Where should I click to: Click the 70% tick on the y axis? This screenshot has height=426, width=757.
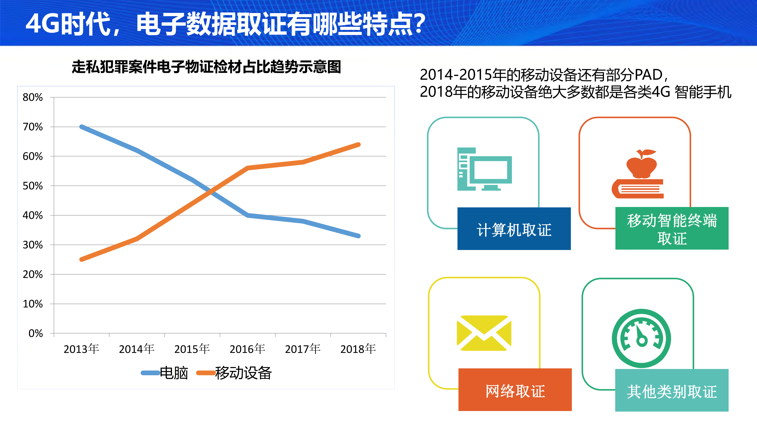tap(33, 127)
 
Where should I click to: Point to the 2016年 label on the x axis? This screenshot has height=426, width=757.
tap(247, 349)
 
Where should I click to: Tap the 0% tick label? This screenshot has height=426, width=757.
tap(35, 333)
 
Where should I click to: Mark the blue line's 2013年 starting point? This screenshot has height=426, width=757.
tap(82, 127)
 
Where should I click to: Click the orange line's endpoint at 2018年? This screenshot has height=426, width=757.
tap(358, 145)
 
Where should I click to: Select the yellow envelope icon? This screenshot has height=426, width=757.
tap(484, 333)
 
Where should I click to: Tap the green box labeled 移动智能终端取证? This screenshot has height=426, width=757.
tap(672, 228)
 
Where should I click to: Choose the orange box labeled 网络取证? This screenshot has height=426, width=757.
tap(515, 390)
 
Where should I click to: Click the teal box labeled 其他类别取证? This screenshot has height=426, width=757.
tap(672, 390)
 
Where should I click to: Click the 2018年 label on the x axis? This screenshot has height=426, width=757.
tap(358, 349)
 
